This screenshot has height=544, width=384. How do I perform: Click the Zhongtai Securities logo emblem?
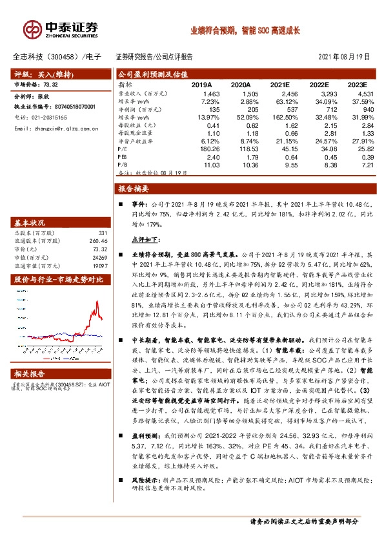tap(32, 28)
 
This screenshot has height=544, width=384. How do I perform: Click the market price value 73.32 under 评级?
tap(49, 85)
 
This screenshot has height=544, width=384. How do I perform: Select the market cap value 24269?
tap(98, 256)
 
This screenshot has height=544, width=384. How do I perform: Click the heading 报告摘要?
tap(134, 189)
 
